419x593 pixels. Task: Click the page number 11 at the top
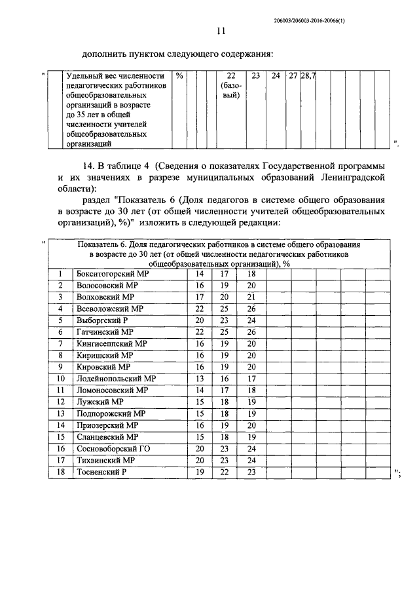221,31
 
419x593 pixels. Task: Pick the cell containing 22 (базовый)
230,86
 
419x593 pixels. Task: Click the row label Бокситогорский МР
113,273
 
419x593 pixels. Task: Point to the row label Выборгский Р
102,320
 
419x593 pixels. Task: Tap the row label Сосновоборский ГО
113,448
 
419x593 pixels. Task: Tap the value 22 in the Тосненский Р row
225,471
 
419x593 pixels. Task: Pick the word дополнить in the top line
106,54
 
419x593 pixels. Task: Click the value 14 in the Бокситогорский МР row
200,273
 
